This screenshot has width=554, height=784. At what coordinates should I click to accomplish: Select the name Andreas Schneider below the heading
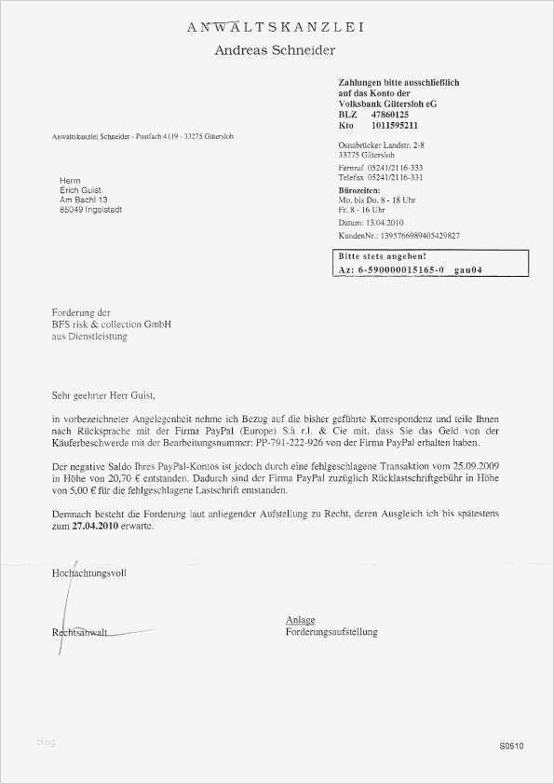(x=275, y=49)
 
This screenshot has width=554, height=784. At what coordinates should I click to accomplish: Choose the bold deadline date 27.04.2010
(x=99, y=527)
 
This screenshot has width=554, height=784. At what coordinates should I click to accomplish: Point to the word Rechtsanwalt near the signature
(x=80, y=632)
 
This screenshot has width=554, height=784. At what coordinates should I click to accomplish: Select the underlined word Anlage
(x=301, y=620)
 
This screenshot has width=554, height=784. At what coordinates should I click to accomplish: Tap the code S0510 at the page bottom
(x=511, y=746)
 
